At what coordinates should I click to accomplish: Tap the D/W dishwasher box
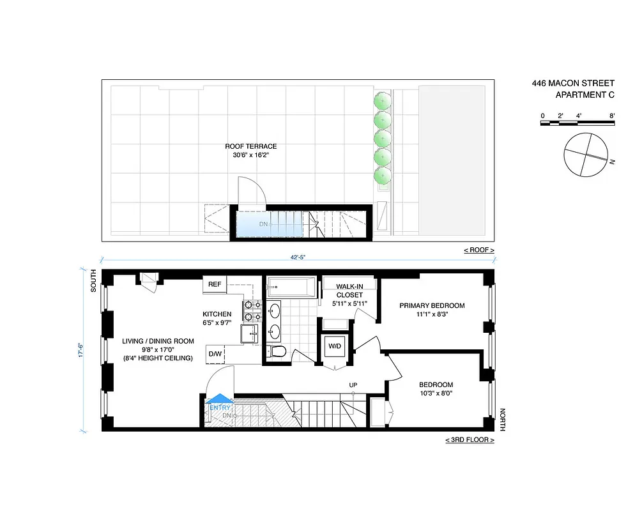tap(214, 353)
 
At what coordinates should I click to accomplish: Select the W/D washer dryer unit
tap(335, 346)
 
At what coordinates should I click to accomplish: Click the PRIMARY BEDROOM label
tap(432, 305)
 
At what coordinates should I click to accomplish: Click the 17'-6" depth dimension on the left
tap(81, 351)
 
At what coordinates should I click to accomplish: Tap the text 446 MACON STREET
tap(573, 84)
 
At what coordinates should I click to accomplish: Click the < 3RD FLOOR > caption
tap(470, 440)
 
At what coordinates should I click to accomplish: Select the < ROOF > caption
tap(479, 250)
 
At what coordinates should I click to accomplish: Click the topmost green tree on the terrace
tap(382, 101)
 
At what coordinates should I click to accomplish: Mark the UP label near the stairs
tap(352, 385)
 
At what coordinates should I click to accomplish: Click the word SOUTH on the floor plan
tap(94, 280)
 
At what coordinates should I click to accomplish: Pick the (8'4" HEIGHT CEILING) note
tap(157, 358)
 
